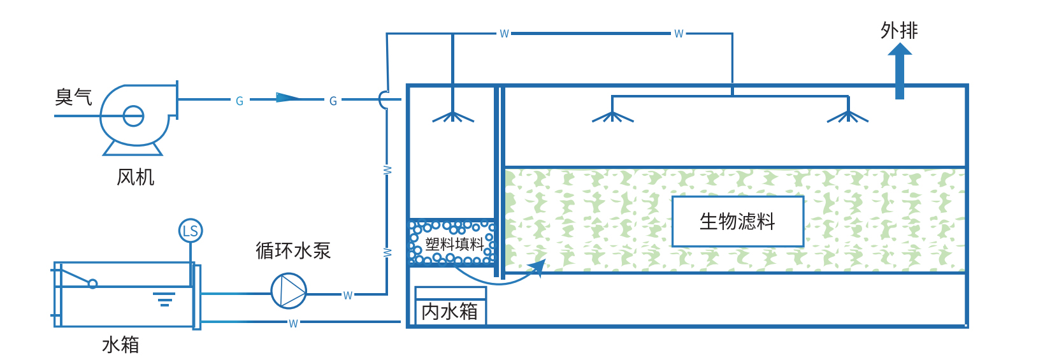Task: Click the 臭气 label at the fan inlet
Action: point(73,97)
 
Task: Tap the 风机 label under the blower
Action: point(136,177)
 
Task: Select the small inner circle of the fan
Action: point(133,116)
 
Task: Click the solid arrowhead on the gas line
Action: point(288,98)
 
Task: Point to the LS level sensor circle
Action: point(191,231)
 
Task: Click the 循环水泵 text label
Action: point(293,250)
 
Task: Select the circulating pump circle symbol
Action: point(289,291)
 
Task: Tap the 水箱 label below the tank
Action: point(120,345)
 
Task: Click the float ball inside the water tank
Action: point(92,284)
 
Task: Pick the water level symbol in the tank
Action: point(164,299)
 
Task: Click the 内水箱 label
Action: point(450,312)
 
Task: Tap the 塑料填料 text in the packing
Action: point(454,244)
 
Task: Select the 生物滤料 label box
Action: point(737,221)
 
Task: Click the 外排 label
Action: point(899,31)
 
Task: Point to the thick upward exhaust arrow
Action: point(900,71)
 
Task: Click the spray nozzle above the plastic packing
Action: point(453,117)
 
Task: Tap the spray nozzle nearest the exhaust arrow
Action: point(847,117)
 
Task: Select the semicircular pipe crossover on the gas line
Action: point(382,99)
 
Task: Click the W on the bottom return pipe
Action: point(293,324)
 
